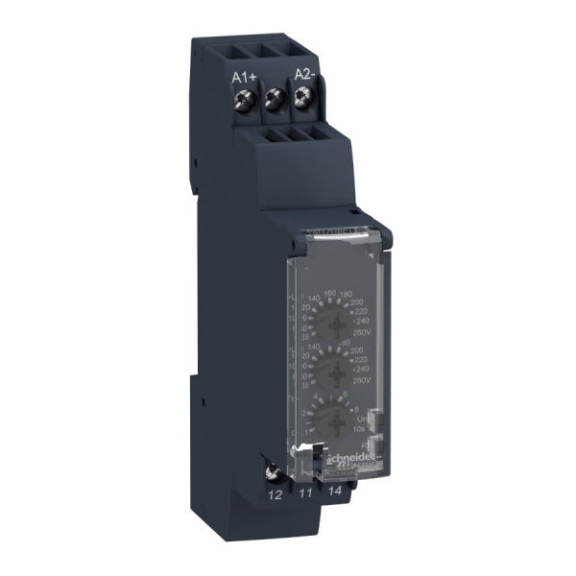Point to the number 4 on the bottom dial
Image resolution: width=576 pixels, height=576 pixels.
tap(317, 396)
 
